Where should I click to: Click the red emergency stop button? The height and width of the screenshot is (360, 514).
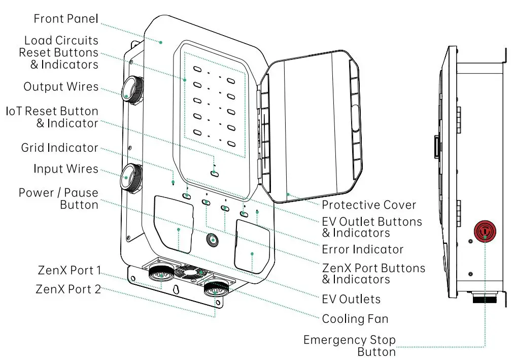(485, 232)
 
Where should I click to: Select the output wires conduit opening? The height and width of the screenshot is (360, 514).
(131, 87)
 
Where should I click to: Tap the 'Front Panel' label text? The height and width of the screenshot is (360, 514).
(66, 19)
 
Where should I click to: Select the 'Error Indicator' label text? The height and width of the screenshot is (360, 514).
(362, 249)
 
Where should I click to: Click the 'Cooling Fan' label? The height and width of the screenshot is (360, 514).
(355, 319)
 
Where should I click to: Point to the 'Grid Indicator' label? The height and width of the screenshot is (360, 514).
(59, 148)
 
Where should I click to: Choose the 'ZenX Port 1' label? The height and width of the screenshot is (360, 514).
(69, 271)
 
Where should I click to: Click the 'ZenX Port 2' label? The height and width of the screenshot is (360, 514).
(68, 289)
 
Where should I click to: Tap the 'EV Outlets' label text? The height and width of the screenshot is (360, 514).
(351, 299)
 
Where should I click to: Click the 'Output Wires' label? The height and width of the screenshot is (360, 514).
(61, 87)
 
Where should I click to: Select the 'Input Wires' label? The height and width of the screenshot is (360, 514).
(66, 169)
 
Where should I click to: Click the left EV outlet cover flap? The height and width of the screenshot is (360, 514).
(174, 225)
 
